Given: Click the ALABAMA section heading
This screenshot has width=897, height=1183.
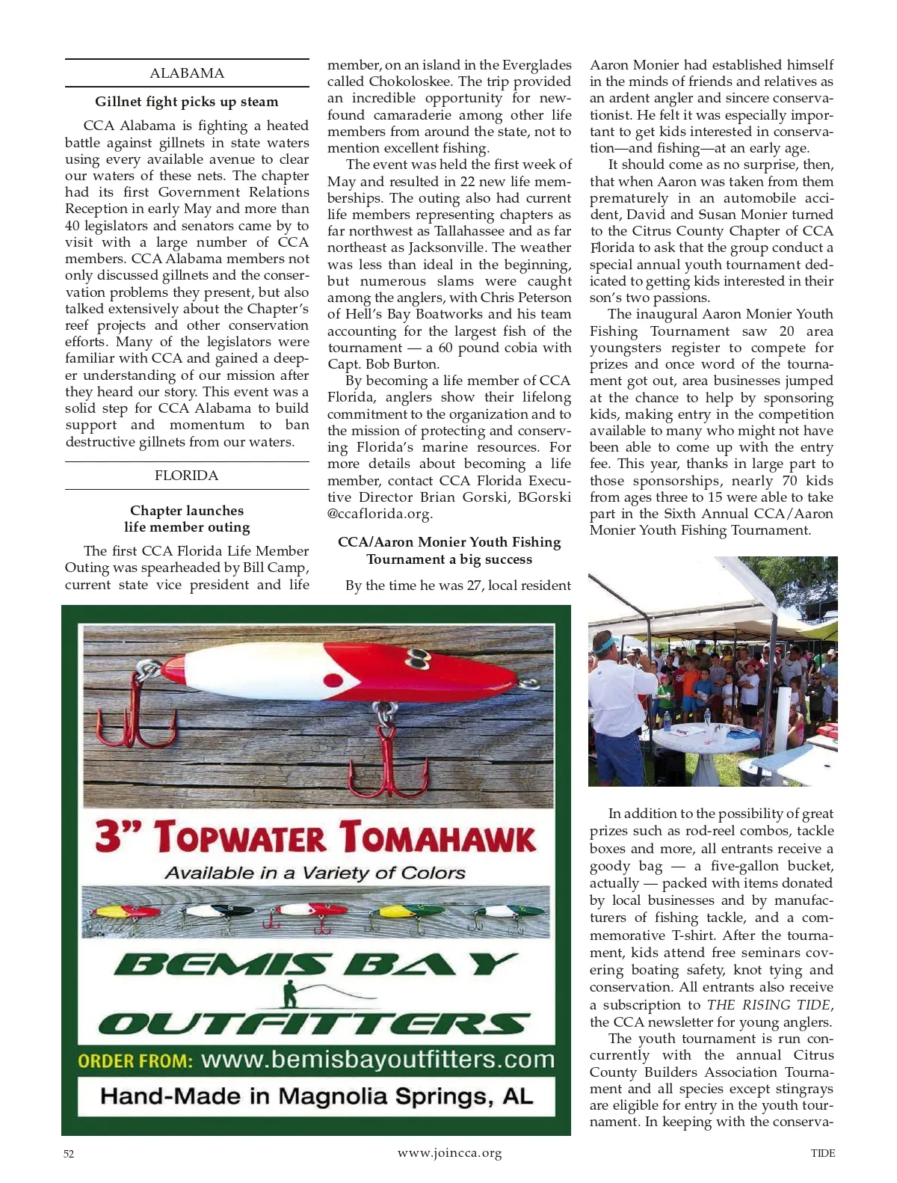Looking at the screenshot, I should [x=187, y=73].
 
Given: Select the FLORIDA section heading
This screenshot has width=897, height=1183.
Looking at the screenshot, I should [x=187, y=476].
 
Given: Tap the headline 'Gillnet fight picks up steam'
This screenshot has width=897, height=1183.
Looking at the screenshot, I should [x=187, y=102].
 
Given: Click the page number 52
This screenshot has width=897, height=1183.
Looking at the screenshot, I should [x=69, y=1154].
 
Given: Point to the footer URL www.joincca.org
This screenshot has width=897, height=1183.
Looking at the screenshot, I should [x=449, y=1153].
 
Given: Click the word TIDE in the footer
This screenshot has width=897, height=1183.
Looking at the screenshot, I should [x=823, y=1153].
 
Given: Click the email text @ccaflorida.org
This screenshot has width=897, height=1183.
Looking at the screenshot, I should [x=380, y=514].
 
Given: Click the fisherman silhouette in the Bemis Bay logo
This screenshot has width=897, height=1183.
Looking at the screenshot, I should [x=290, y=995].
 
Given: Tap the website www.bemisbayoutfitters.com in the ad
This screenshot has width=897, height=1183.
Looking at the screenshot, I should [x=378, y=1060].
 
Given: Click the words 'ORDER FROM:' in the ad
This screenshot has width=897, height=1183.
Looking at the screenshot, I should [x=135, y=1061].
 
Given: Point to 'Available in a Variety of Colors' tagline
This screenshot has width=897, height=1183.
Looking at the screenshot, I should [x=315, y=873].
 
